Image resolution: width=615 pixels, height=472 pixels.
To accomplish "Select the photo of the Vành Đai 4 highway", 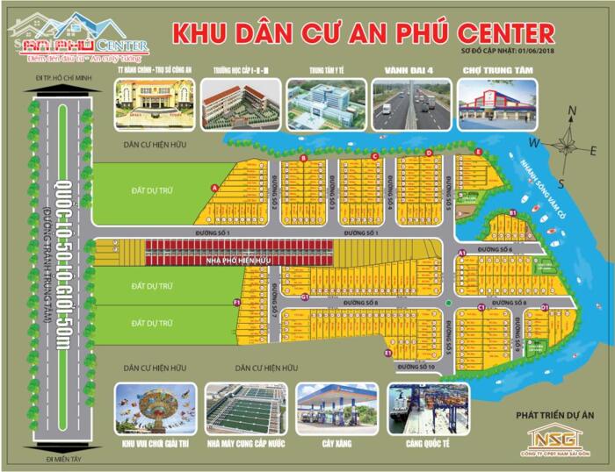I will [405, 104].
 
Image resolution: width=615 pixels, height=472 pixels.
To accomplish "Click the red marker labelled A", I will [213, 187].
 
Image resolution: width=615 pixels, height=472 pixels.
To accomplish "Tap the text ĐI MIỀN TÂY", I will [61, 458].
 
